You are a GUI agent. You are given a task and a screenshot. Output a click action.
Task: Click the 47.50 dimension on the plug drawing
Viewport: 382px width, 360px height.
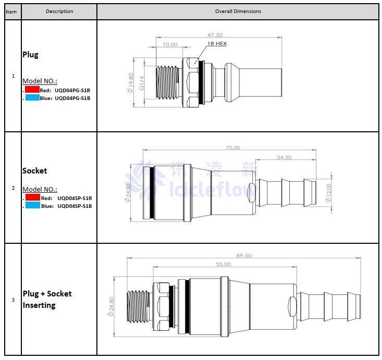pyautogui.click(x=215, y=35)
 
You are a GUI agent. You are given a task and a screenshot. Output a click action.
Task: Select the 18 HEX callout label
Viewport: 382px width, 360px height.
pyautogui.click(x=217, y=44)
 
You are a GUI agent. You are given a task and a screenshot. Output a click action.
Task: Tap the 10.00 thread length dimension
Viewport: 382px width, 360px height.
pyautogui.click(x=170, y=45)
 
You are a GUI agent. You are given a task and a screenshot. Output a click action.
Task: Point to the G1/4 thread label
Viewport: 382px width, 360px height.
pyautogui.click(x=142, y=82)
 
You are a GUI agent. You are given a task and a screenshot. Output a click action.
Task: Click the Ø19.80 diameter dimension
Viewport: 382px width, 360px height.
pyautogui.click(x=130, y=82)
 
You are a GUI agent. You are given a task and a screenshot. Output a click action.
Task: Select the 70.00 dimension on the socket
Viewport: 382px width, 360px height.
pyautogui.click(x=232, y=147)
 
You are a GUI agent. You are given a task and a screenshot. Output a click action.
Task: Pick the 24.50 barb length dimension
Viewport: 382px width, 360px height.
pyautogui.click(x=284, y=157)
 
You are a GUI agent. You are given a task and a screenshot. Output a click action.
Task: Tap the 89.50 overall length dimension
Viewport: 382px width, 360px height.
pyautogui.click(x=244, y=255)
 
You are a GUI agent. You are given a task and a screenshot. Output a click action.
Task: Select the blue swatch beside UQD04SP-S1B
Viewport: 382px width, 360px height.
pyautogui.click(x=32, y=206)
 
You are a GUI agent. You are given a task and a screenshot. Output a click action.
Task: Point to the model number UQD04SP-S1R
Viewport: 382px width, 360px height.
pyautogui.click(x=75, y=198)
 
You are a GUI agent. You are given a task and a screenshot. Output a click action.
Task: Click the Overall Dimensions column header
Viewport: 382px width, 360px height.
pyautogui.click(x=238, y=11)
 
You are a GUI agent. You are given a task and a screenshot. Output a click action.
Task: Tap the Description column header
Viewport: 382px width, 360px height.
pyautogui.click(x=59, y=11)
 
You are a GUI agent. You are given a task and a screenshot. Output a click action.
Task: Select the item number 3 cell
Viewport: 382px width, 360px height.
pyautogui.click(x=13, y=300)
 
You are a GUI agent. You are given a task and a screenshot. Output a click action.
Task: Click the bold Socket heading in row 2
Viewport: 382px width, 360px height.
pyautogui.click(x=34, y=171)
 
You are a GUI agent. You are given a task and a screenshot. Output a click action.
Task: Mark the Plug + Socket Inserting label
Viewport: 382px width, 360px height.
pyautogui.click(x=47, y=300)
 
